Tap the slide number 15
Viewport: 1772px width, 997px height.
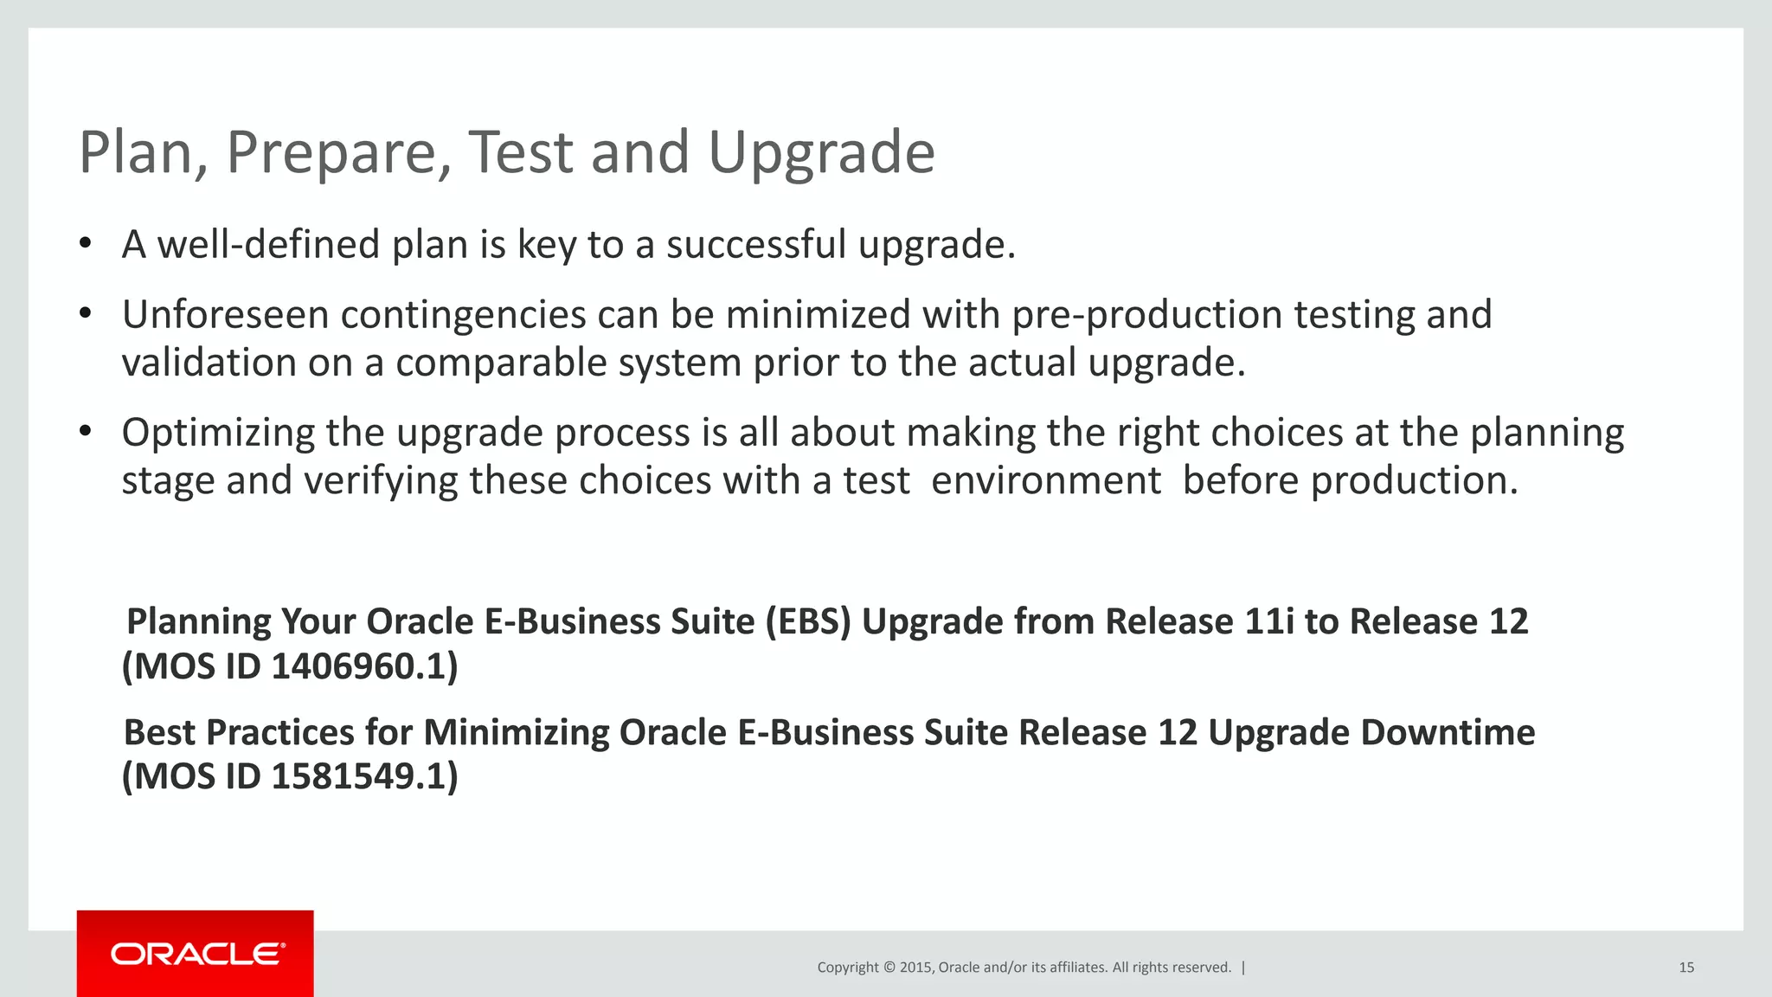coord(1685,968)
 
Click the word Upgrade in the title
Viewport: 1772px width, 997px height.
coord(821,152)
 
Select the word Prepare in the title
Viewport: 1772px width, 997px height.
coord(338,152)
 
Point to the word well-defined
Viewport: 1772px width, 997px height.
coord(268,245)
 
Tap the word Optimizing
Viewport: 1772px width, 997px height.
coord(218,433)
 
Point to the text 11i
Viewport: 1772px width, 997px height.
coord(1268,621)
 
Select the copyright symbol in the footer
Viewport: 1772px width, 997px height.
coord(889,968)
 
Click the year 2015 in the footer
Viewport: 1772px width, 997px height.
coord(915,968)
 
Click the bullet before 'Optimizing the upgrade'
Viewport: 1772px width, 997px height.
coord(85,431)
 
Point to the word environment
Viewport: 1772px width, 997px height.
coord(1045,481)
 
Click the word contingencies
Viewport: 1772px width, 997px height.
coord(463,315)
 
